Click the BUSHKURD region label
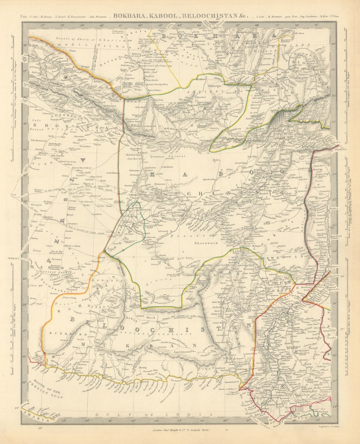coord(60,333)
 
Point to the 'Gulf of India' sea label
coord(133,415)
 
